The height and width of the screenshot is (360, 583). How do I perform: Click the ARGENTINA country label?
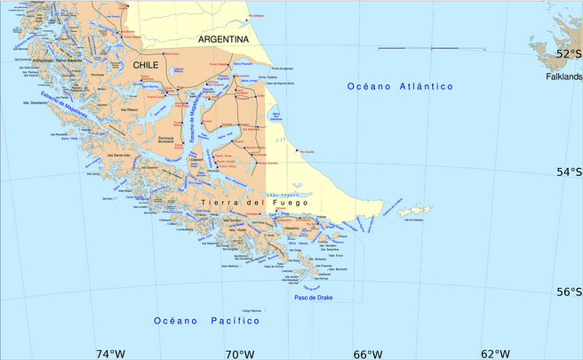[223, 40]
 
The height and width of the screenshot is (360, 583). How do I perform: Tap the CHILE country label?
[147, 66]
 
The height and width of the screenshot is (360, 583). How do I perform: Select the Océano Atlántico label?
[400, 86]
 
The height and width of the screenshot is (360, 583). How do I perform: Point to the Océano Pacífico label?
[206, 320]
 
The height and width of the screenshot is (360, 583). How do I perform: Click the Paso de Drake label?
[313, 297]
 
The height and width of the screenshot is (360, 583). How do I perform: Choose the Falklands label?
[563, 77]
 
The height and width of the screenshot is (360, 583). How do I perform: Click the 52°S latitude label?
[569, 53]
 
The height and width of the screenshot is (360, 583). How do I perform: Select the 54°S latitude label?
[569, 172]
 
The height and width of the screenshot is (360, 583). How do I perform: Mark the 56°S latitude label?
[569, 292]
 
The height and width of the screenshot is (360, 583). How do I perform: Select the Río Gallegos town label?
[258, 16]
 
